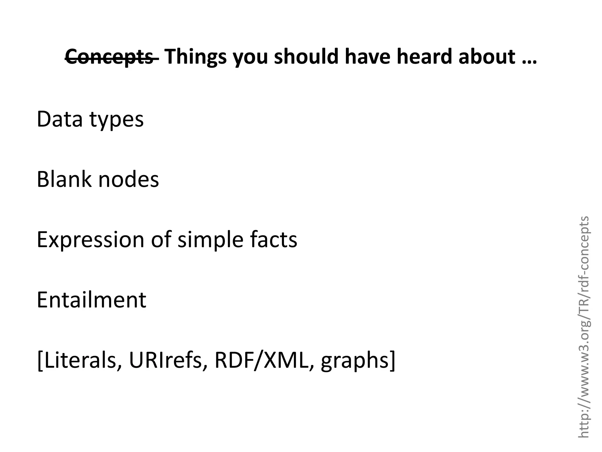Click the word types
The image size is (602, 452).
coord(117,120)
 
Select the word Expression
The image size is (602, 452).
coord(91,240)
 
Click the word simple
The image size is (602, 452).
coord(210,240)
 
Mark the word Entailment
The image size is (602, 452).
coord(91,300)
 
